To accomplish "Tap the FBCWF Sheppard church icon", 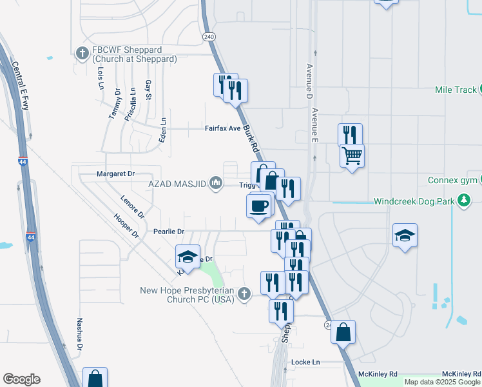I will click(82, 53).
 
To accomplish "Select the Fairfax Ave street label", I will click(222, 128).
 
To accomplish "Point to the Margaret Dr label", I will click(115, 174).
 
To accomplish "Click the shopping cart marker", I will click(352, 155).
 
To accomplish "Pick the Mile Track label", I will click(455, 90).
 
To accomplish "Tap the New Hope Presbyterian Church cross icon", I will click(244, 293).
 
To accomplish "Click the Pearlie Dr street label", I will click(169, 231).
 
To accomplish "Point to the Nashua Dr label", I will click(79, 334).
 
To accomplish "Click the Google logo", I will click(21, 379).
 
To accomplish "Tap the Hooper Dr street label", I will click(126, 226).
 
